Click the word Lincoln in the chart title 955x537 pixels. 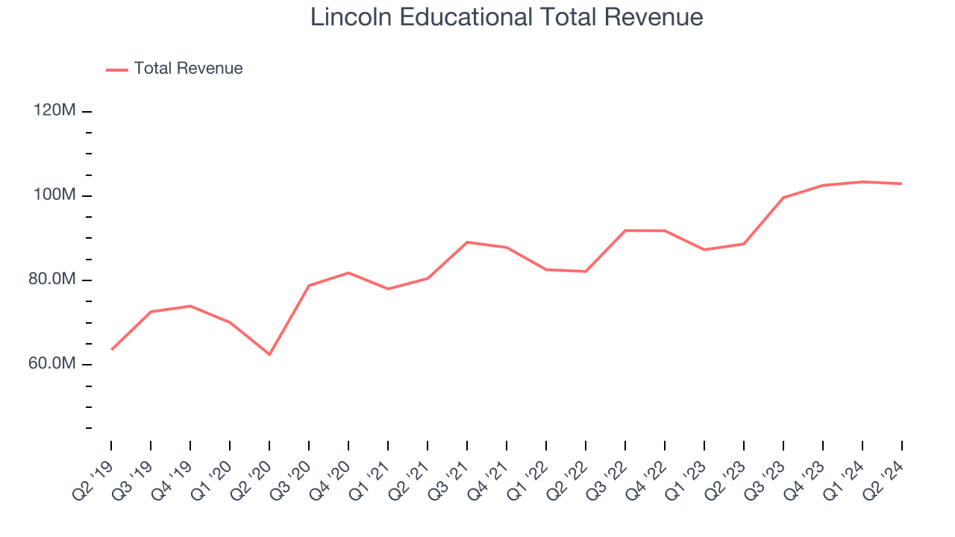pos(351,17)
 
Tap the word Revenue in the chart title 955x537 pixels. pos(653,17)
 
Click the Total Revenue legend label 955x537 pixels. pos(188,68)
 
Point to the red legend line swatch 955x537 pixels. pos(117,70)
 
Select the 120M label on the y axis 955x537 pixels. pos(54,110)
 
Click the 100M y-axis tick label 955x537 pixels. pos(54,195)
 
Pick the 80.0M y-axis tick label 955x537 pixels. pos(52,279)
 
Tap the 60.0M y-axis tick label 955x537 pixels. pos(52,363)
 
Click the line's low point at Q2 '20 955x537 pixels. pos(269,354)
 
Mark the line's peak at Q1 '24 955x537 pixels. pos(862,182)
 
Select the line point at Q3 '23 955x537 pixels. pos(783,198)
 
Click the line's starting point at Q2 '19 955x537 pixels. pos(112,350)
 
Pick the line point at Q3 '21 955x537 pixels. pos(467,242)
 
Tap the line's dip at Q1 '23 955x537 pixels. pos(704,250)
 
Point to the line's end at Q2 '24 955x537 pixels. pos(902,183)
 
